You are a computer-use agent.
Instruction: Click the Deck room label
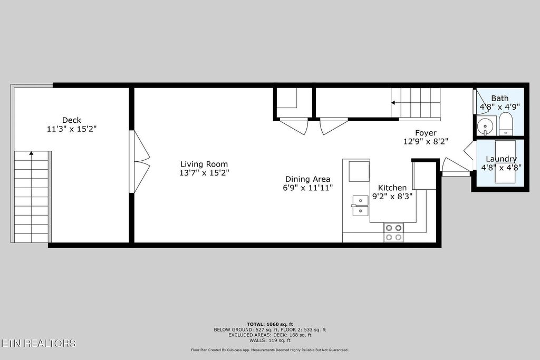click(x=72, y=120)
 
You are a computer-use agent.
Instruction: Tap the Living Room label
click(x=204, y=164)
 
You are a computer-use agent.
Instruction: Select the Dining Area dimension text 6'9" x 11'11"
click(x=308, y=187)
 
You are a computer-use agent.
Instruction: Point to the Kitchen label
click(x=392, y=188)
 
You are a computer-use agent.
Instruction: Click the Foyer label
click(x=426, y=133)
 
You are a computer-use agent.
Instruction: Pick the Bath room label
click(x=500, y=98)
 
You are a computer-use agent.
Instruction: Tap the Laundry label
click(x=501, y=159)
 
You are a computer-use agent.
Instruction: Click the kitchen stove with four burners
click(x=393, y=232)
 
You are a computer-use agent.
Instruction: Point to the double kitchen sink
click(x=360, y=206)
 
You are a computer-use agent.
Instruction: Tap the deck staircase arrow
click(x=31, y=153)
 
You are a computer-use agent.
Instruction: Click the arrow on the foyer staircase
click(x=393, y=103)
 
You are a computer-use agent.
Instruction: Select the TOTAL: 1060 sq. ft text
click(x=269, y=324)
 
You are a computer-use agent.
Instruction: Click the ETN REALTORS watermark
click(x=38, y=343)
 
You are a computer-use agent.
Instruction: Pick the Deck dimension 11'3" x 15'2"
click(x=72, y=128)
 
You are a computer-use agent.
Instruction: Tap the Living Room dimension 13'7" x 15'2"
click(x=204, y=172)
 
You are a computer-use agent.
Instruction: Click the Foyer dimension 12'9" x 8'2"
click(x=426, y=141)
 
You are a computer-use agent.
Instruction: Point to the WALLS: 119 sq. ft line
click(x=269, y=340)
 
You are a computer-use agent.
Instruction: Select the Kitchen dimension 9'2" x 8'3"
click(x=392, y=196)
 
